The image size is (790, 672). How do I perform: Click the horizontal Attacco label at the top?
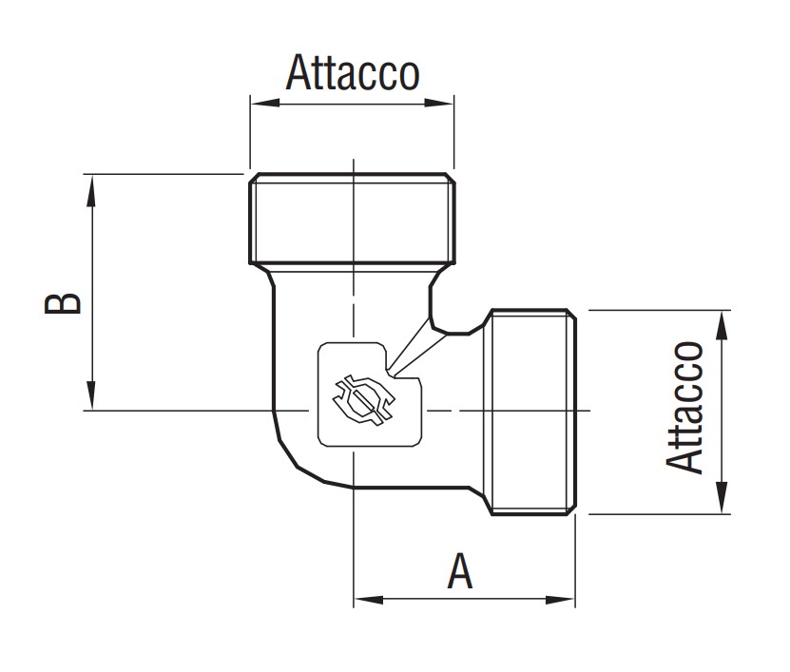click(352, 72)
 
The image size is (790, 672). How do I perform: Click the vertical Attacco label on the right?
click(686, 407)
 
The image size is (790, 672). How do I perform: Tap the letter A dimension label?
click(460, 571)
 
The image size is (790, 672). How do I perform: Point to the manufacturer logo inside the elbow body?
click(361, 397)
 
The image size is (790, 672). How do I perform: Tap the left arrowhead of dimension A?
click(366, 600)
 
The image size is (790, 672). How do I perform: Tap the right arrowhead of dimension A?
click(563, 600)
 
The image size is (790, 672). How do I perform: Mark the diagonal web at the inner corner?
click(411, 346)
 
